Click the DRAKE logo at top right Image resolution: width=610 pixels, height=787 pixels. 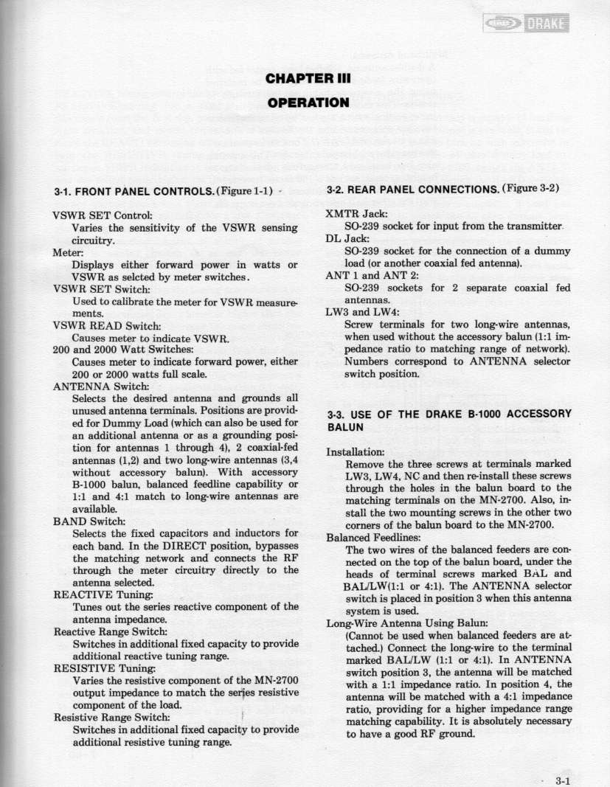coord(530,24)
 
